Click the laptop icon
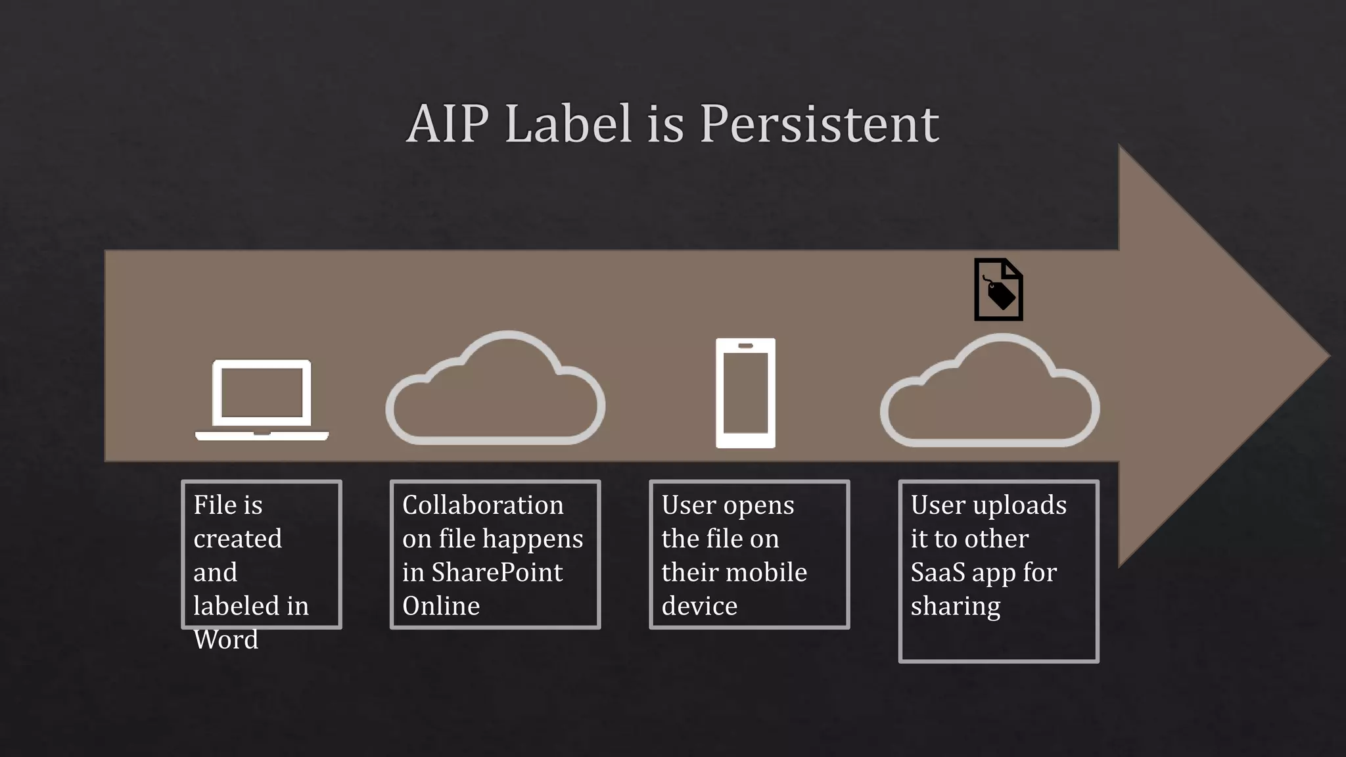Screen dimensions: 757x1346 (262, 400)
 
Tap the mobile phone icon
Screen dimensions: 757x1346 (745, 393)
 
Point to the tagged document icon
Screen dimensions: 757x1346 (998, 290)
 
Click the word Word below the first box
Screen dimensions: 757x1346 (226, 639)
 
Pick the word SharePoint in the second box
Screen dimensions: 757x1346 (497, 572)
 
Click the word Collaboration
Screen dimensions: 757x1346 (483, 505)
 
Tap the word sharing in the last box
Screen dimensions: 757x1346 (956, 606)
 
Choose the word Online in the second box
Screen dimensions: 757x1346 (441, 606)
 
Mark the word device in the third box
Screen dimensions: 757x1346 (699, 606)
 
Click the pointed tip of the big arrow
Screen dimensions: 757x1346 (1328, 357)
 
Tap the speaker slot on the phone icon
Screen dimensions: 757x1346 (745, 346)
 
